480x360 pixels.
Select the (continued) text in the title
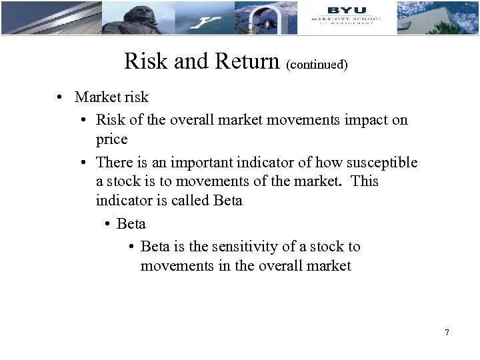(x=317, y=65)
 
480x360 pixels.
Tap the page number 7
(x=447, y=332)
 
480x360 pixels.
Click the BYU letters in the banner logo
(x=347, y=9)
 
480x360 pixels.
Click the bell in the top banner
(x=267, y=23)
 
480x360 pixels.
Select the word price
(x=111, y=139)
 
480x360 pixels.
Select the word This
(x=364, y=181)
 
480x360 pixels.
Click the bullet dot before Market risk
(x=60, y=97)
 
